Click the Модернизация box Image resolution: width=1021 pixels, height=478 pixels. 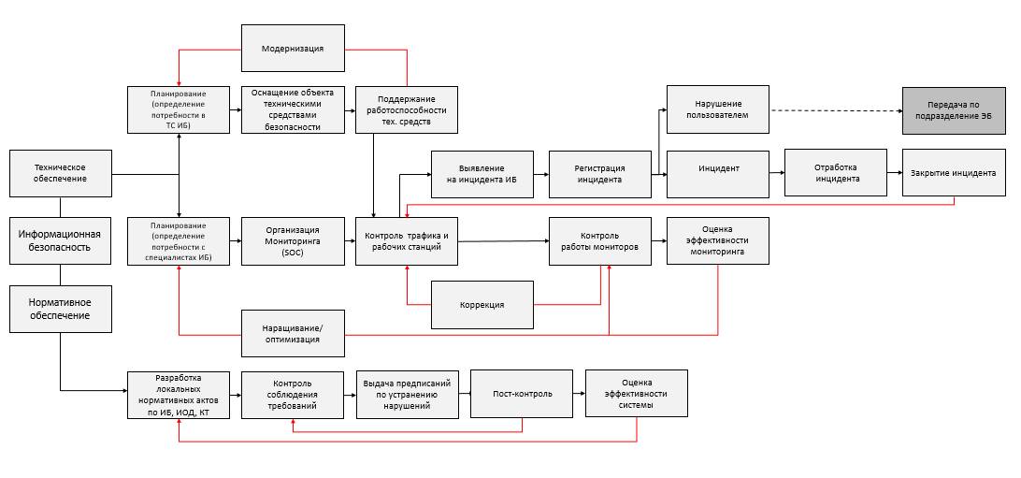[293, 48]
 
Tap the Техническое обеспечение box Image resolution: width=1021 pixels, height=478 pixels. [60, 173]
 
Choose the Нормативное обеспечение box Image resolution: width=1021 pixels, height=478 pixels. [60, 310]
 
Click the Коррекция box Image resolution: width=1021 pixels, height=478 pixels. [482, 305]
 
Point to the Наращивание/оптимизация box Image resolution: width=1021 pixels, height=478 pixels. [293, 333]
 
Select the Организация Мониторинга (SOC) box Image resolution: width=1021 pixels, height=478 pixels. [293, 241]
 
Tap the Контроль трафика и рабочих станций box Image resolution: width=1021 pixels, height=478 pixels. [407, 241]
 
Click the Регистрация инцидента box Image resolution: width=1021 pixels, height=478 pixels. [599, 173]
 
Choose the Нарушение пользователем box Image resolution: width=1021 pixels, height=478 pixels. [718, 109]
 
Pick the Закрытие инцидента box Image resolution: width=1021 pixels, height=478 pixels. [954, 172]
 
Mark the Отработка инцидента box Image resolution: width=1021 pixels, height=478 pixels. [836, 172]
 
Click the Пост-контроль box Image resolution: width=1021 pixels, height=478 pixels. [523, 394]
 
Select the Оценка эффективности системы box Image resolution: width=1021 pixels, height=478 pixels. [637, 394]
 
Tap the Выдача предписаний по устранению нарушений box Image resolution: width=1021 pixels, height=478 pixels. [407, 394]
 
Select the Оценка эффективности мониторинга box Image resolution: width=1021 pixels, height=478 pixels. [718, 241]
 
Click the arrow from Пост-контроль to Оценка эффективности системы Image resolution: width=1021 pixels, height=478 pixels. [580, 394]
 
